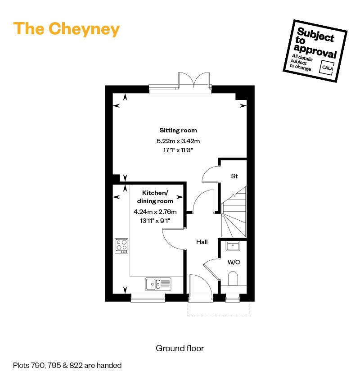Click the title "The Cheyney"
pyautogui.click(x=67, y=29)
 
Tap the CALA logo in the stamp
pyautogui.click(x=327, y=68)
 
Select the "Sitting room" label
pyautogui.click(x=178, y=131)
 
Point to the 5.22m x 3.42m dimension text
pyautogui.click(x=178, y=141)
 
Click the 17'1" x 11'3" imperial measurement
pyautogui.click(x=178, y=150)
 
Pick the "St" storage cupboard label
pyautogui.click(x=234, y=176)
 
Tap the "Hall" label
pyautogui.click(x=202, y=242)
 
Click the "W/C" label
pyautogui.click(x=234, y=262)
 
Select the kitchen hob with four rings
pyautogui.click(x=121, y=246)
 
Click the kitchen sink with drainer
pyautogui.click(x=158, y=284)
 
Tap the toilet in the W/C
pyautogui.click(x=233, y=278)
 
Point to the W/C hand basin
pyautogui.click(x=233, y=246)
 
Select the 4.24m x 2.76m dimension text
pyautogui.click(x=155, y=212)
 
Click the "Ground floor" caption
pyautogui.click(x=180, y=349)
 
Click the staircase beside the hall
pyautogui.click(x=234, y=212)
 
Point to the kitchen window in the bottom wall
pyautogui.click(x=148, y=298)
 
